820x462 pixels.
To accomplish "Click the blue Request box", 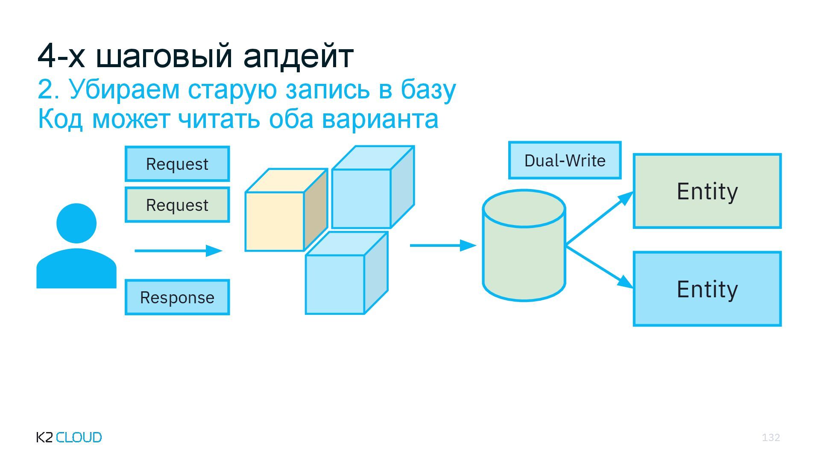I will [x=177, y=164].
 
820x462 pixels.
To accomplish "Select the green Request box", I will [x=177, y=205].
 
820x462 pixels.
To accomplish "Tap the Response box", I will [x=177, y=297].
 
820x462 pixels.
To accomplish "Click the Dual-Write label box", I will [x=565, y=160].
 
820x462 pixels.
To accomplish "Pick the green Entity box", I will [x=707, y=191].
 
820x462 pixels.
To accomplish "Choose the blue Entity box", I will [x=707, y=289].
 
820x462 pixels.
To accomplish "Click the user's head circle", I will [x=76, y=223].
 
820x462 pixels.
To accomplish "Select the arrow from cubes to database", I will [x=442, y=246].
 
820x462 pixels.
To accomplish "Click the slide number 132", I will [x=771, y=437].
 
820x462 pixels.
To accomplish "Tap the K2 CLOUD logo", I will [x=69, y=437].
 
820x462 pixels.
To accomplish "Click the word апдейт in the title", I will [x=298, y=56].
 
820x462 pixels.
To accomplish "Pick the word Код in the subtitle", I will [x=60, y=119].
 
